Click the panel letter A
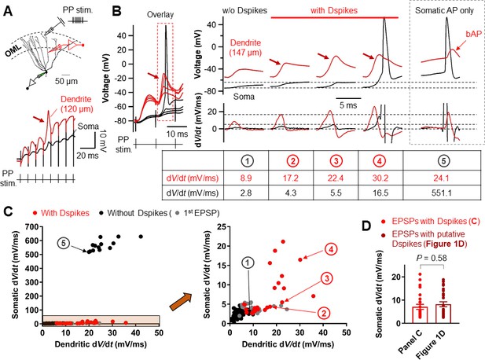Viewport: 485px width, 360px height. [x=8, y=11]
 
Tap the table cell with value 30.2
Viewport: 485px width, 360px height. [x=380, y=178]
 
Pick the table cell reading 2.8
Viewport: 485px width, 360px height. [x=247, y=193]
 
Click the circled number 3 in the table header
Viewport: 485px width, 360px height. [x=336, y=161]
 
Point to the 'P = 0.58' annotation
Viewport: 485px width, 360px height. [x=433, y=258]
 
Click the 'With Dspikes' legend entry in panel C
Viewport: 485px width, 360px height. [x=61, y=213]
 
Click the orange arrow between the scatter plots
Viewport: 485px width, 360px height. [x=181, y=301]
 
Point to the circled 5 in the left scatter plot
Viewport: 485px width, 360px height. [x=64, y=244]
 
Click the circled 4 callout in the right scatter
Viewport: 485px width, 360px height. [x=331, y=249]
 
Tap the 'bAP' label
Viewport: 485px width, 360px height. [x=473, y=34]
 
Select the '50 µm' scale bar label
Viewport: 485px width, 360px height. [x=66, y=81]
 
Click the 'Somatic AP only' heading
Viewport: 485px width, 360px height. [x=444, y=10]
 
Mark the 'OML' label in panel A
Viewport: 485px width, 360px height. [x=13, y=50]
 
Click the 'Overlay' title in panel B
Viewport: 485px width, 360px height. [x=160, y=14]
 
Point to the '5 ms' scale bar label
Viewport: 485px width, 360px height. [x=348, y=105]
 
